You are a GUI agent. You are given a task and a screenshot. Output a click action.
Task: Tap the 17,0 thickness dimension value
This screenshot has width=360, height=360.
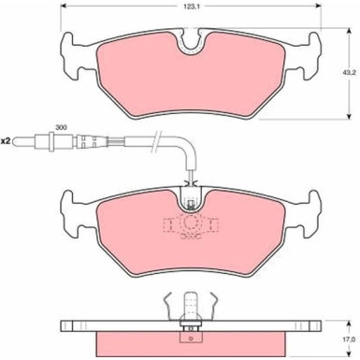(x=349, y=339)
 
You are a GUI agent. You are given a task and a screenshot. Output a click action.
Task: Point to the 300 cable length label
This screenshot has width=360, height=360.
(x=61, y=127)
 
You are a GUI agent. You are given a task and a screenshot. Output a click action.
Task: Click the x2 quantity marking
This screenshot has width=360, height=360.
(x=6, y=141)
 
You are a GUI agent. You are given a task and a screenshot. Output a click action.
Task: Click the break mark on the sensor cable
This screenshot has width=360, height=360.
(x=156, y=141)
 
